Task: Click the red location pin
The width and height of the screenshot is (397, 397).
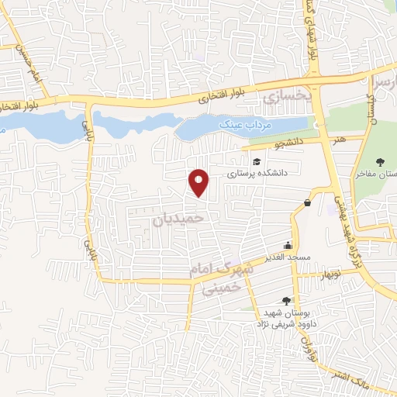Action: coord(199,182)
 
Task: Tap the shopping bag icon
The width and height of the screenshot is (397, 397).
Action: coord(308,203)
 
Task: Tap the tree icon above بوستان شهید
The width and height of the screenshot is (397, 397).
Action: coord(288,301)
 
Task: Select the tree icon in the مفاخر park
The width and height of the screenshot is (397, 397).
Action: coord(378,161)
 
